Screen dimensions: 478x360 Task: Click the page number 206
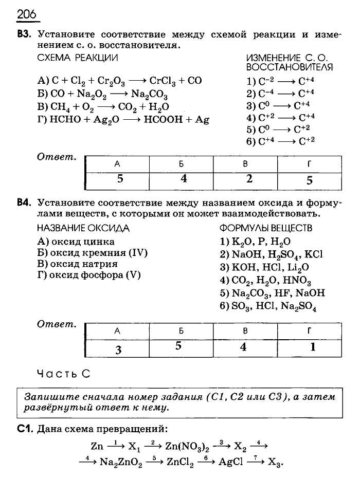[x=26, y=14]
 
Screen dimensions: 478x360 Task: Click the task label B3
[x=24, y=35]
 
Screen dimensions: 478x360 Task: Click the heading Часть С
[x=64, y=374]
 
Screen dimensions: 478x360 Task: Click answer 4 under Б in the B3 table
[x=183, y=179]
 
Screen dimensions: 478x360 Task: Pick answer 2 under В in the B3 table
[x=249, y=179]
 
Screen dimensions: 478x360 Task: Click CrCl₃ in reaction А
[x=164, y=81]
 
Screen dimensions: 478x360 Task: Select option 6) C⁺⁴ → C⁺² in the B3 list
[x=280, y=142]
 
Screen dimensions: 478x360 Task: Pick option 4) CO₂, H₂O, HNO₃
[x=265, y=281]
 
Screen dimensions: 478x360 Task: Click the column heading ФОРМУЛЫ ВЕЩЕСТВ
[x=266, y=228]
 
